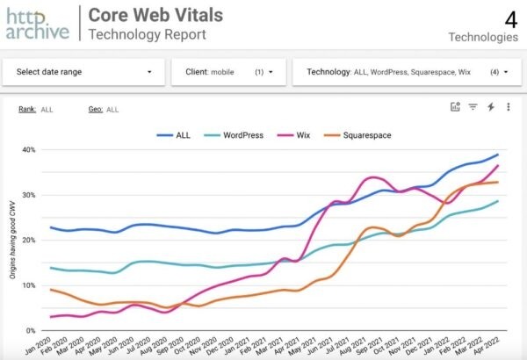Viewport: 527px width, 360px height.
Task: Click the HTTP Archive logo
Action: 37,23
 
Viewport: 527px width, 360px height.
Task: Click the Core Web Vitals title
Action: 156,15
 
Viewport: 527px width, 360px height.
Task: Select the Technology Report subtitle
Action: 148,33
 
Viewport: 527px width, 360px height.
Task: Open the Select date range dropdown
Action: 83,71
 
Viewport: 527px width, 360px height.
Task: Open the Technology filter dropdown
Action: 408,71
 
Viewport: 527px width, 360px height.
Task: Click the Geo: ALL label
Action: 104,109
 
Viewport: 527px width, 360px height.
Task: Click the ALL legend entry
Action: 176,136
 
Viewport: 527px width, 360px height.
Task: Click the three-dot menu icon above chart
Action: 508,107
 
